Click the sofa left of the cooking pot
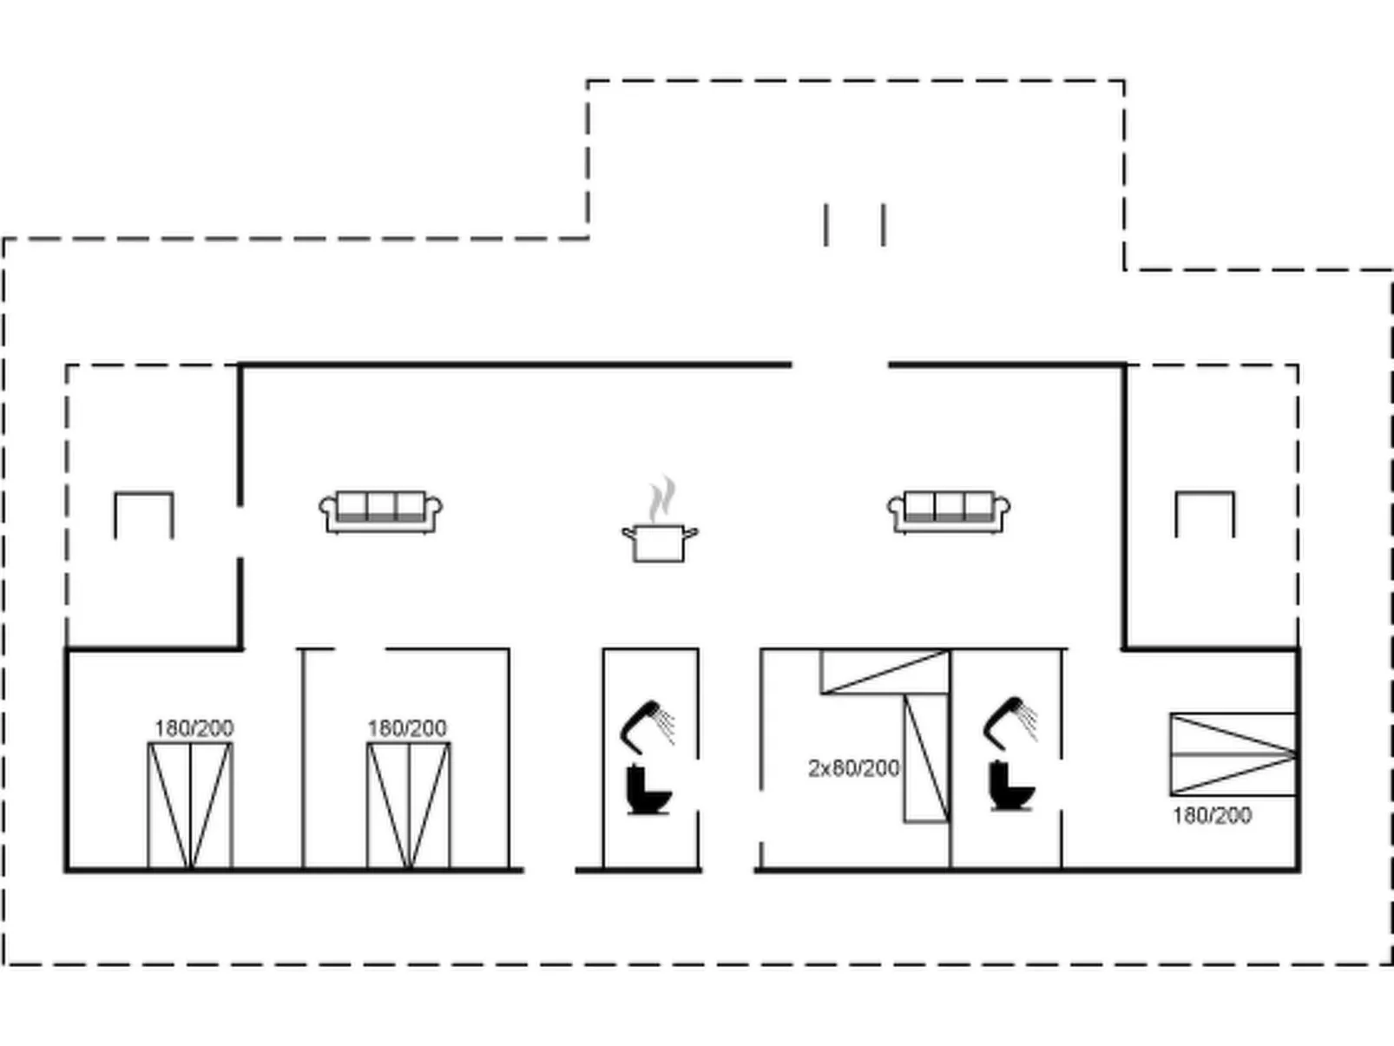tap(380, 511)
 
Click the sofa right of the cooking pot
tap(948, 511)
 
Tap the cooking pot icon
tap(659, 543)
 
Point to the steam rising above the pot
tap(662, 498)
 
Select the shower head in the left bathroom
tap(646, 724)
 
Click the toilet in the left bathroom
tap(648, 789)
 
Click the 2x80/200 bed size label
tap(853, 768)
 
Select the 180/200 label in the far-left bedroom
tap(194, 728)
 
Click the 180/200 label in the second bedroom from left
tap(406, 728)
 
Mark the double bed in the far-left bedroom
tap(190, 806)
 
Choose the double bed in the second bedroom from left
tap(408, 806)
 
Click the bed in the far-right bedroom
tap(1233, 753)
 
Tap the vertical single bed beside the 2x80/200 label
tap(926, 758)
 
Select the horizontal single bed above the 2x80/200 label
tap(884, 671)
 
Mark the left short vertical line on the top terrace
tap(825, 225)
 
